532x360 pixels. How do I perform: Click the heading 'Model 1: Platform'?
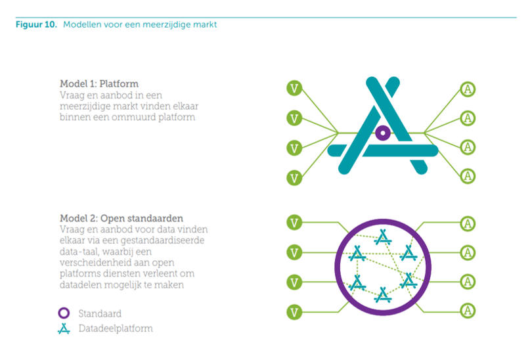tap(99, 83)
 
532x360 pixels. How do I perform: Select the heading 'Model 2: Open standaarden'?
tap(121, 217)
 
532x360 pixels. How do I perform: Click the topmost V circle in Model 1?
tap(295, 88)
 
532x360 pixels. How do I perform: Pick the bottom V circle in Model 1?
tap(295, 177)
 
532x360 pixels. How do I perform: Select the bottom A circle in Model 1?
tap(468, 175)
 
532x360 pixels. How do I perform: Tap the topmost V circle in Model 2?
tap(295, 223)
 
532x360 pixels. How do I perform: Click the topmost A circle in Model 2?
tap(468, 223)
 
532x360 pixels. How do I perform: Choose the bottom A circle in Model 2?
tap(468, 309)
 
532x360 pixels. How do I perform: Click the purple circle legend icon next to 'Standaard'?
tap(64, 313)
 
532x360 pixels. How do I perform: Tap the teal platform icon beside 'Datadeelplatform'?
tap(64, 328)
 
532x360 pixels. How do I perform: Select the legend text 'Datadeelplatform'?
tap(115, 328)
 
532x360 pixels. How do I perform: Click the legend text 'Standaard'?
tap(100, 313)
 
